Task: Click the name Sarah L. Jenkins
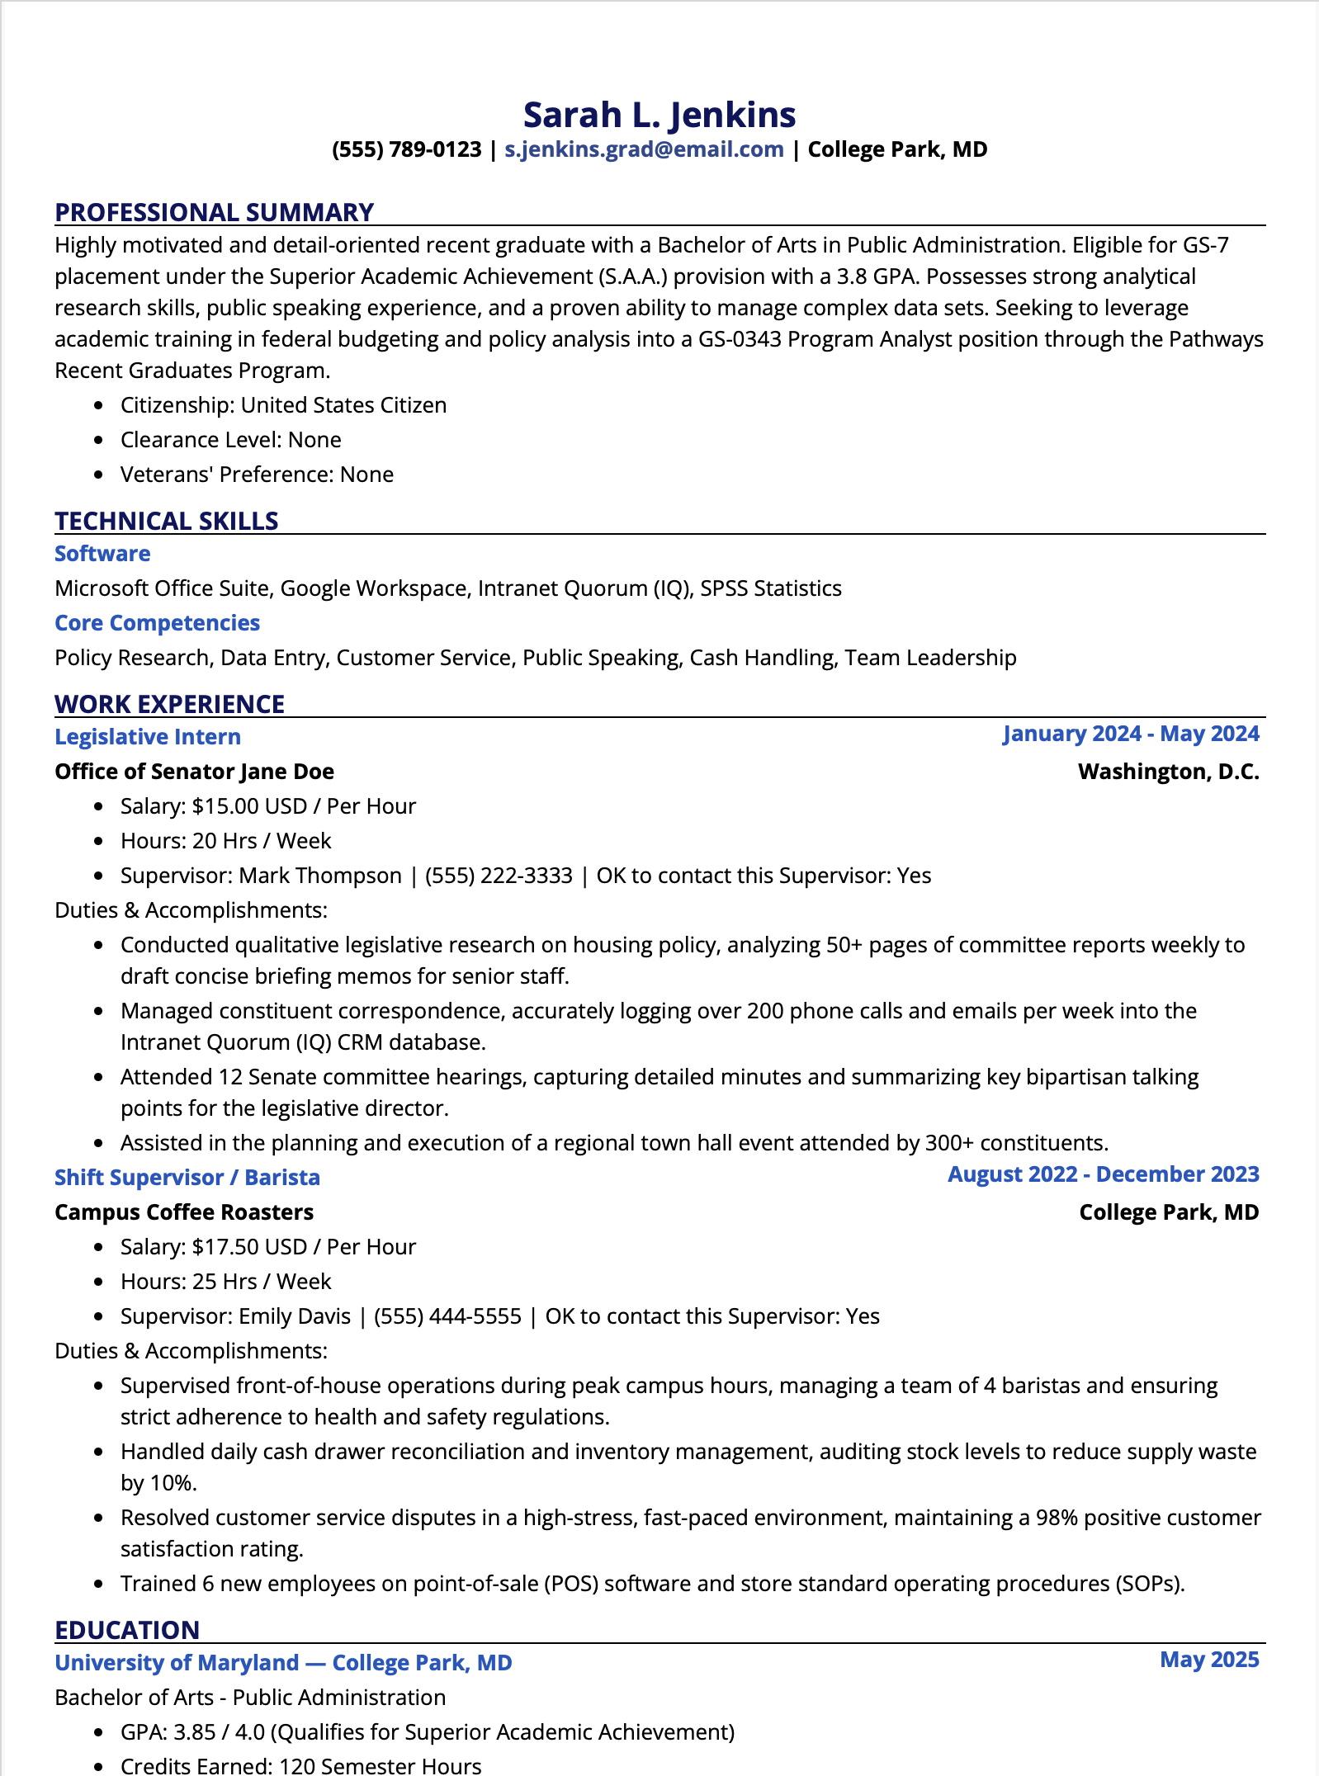coord(659,115)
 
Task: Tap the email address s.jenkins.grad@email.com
coord(644,149)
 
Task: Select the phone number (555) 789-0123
coord(406,149)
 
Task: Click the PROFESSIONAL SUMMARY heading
coord(214,212)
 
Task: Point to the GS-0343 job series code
coord(740,339)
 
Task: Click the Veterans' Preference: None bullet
coord(257,475)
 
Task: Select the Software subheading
coord(102,554)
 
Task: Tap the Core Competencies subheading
coord(157,623)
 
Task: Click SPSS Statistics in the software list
coord(771,588)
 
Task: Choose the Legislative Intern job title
coord(148,737)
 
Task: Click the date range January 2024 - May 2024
coord(1131,734)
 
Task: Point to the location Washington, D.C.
coord(1168,772)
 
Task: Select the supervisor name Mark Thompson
coord(319,876)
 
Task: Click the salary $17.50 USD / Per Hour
coord(304,1247)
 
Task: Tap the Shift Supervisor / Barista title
coord(187,1178)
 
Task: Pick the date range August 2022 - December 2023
coord(1103,1174)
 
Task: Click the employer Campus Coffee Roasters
coord(184,1212)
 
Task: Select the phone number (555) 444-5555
coord(447,1316)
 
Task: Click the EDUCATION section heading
coord(127,1630)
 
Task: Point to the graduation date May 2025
coord(1209,1660)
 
